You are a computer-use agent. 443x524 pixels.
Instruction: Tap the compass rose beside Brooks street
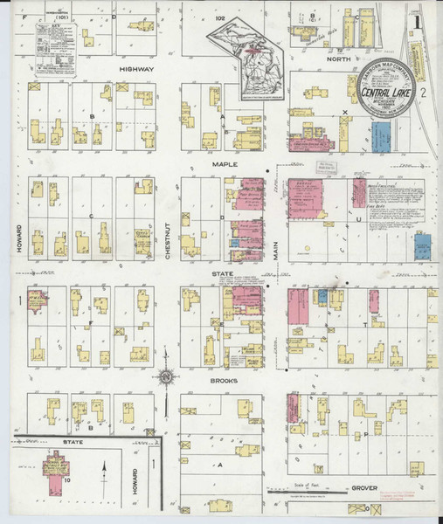166,376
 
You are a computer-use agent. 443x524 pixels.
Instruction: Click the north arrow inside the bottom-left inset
104,479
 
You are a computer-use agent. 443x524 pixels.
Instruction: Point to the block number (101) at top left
60,16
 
